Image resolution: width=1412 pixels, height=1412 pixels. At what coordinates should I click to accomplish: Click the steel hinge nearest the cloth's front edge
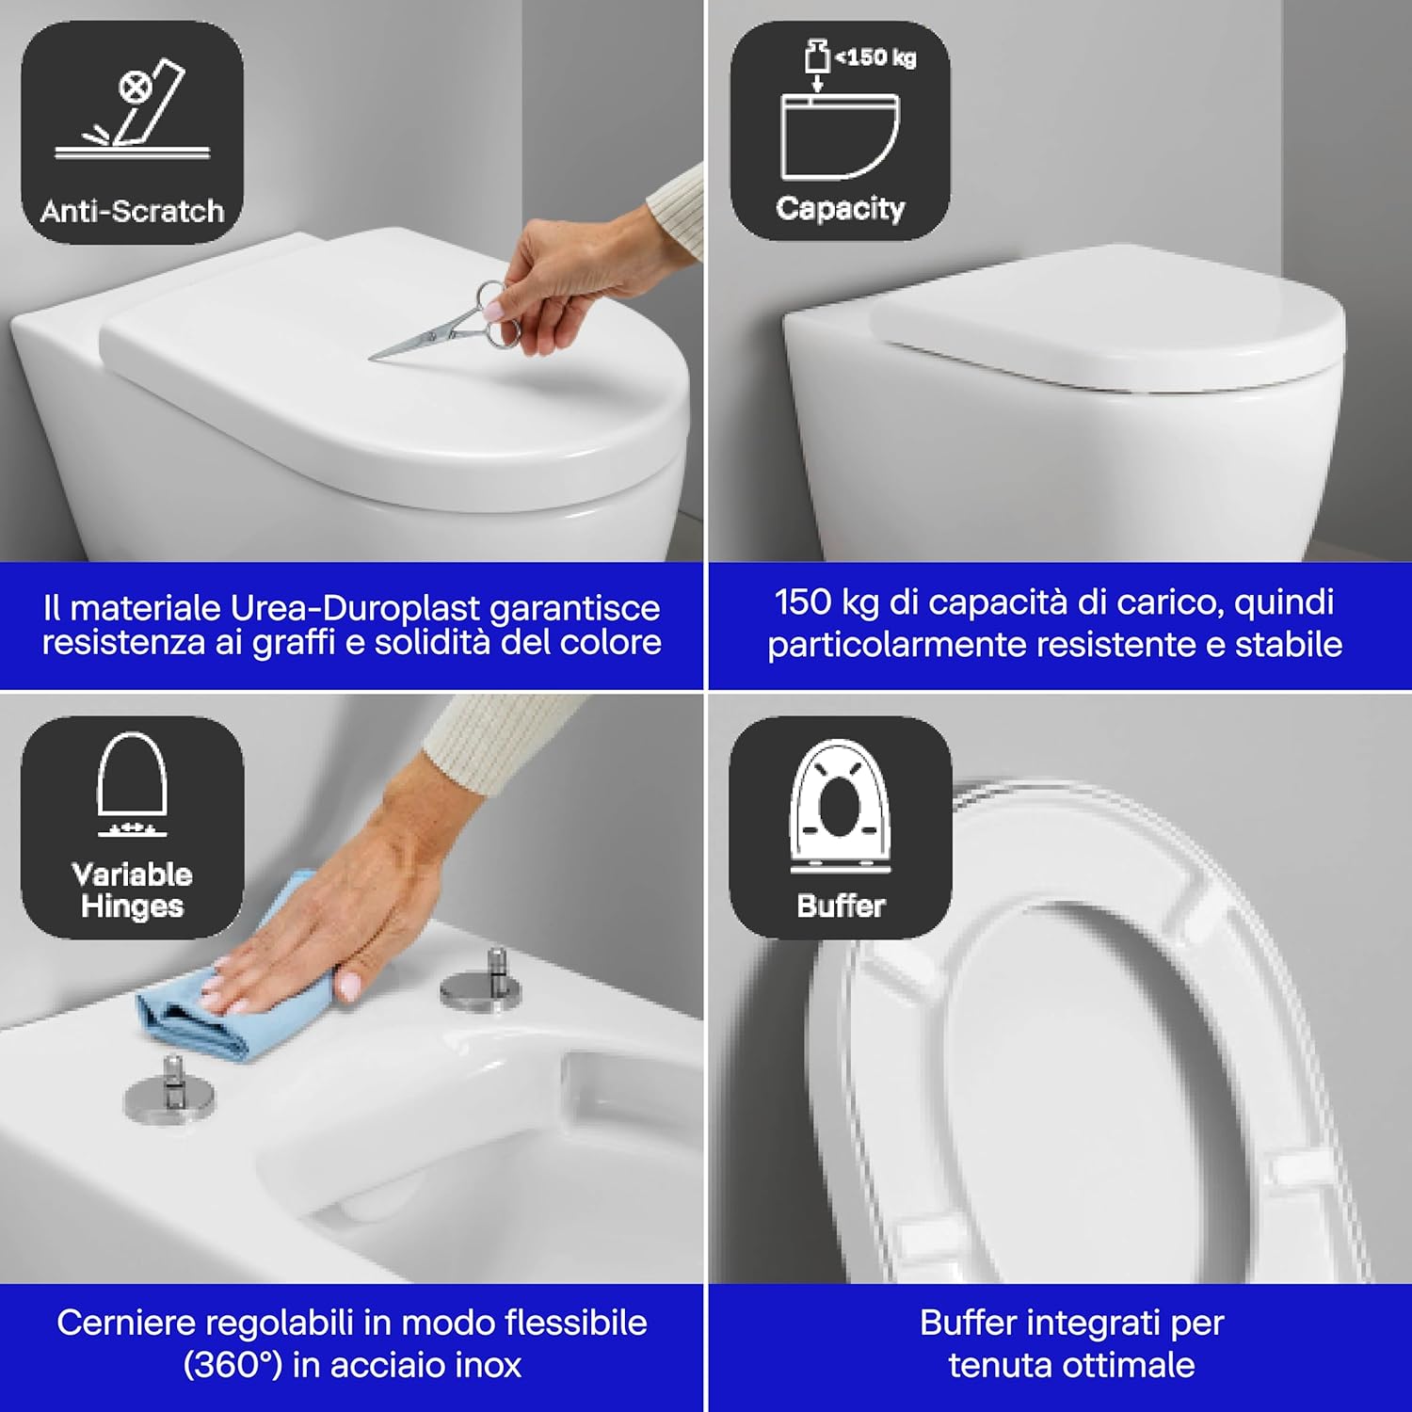[x=169, y=1092]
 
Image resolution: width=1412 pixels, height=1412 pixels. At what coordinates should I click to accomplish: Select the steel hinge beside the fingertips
[x=480, y=984]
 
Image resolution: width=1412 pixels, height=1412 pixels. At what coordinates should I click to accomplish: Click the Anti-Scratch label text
[x=132, y=211]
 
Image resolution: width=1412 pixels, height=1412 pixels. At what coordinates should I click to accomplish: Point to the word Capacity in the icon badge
[x=840, y=208]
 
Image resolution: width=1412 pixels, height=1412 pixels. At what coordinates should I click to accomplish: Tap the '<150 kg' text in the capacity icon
[x=874, y=57]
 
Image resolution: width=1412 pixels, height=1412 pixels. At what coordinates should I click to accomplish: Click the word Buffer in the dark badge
[x=841, y=906]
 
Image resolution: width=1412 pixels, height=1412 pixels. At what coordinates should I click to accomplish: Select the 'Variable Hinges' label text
[x=132, y=890]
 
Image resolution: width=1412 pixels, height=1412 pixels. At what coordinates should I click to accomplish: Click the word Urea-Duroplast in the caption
[x=356, y=608]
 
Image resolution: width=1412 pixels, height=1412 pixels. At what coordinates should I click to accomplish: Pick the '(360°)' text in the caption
[x=233, y=1365]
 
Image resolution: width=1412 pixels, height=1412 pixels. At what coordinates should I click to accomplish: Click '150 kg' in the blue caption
[x=826, y=602]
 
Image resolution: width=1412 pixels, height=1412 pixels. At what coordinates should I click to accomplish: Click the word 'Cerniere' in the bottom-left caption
[x=125, y=1323]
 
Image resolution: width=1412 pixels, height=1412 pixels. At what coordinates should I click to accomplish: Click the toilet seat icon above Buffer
[x=840, y=805]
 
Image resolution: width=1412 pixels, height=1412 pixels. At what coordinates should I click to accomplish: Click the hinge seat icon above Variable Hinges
[x=132, y=781]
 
